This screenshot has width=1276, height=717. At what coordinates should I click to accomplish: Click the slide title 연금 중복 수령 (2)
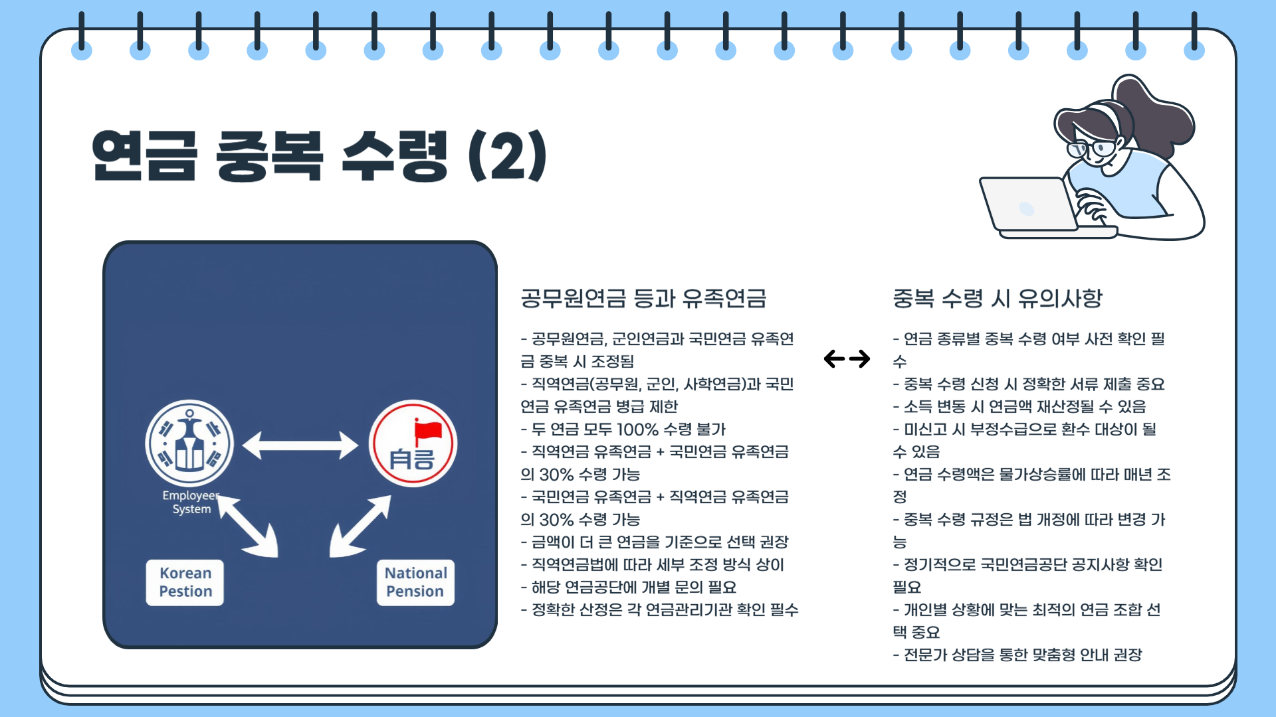(319, 156)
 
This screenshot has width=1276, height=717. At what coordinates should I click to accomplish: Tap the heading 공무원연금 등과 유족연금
(643, 299)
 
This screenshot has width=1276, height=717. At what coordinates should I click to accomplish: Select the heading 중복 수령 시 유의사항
(997, 299)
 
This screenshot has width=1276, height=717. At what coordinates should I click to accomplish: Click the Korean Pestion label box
(185, 582)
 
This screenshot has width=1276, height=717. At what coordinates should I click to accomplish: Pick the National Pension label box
(415, 582)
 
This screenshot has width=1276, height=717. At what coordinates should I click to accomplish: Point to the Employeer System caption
(191, 503)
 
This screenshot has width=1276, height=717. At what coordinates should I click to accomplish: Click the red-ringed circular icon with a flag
(413, 443)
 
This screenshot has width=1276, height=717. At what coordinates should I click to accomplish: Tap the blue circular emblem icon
(189, 443)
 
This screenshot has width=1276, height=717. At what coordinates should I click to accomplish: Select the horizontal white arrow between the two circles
(300, 445)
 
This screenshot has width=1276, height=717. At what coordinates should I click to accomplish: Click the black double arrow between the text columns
(847, 359)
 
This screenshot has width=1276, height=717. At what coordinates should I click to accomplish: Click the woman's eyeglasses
(1093, 148)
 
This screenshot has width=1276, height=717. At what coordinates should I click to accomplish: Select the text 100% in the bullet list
(637, 430)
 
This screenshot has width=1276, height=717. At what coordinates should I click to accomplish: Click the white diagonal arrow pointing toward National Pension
(360, 526)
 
